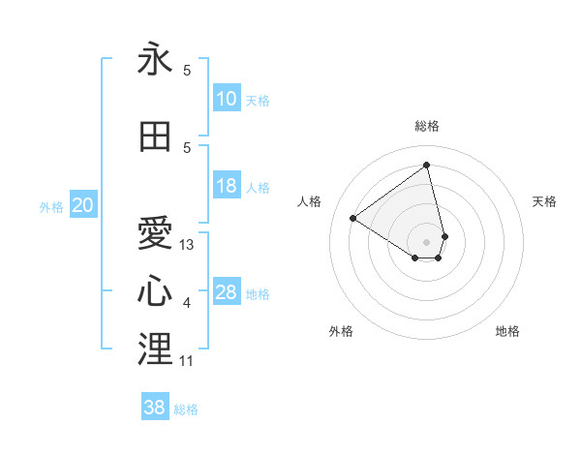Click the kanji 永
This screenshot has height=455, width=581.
coord(155,60)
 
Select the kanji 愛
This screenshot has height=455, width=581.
coord(155,234)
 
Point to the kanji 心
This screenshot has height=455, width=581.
coord(155,292)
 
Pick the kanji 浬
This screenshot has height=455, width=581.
coord(155,349)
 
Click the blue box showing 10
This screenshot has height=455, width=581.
coord(227,99)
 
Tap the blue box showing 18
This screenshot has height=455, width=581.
coord(227,186)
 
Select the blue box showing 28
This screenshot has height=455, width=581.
coord(227,292)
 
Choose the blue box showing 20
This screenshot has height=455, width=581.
coord(83,205)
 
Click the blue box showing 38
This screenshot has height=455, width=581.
coord(155,408)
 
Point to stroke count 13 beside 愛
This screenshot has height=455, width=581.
coord(187,245)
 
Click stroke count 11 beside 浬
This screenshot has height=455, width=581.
coord(187,360)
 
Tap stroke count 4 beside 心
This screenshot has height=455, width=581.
coord(187,303)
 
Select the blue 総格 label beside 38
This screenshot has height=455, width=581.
coord(186,409)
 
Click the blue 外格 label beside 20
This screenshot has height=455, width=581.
coord(51,206)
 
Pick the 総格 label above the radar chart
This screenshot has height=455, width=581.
coord(426,126)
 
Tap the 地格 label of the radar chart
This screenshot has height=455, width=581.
coord(507,331)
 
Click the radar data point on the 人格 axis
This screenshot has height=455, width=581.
coord(353,218)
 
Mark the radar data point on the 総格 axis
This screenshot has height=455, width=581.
coord(426,166)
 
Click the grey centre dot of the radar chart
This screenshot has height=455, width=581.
coord(426,240)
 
